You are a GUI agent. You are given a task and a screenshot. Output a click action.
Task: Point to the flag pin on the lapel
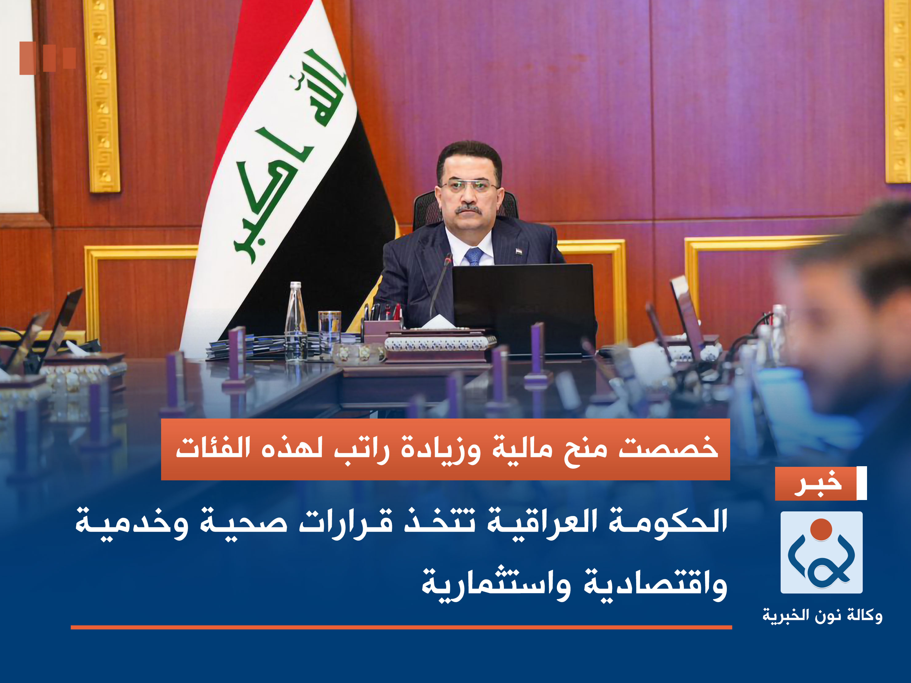point(518,250)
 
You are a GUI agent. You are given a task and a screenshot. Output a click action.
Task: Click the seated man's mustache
point(468,209)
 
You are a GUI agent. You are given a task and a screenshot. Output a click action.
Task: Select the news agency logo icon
point(821,552)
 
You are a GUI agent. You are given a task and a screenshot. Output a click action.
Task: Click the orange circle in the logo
point(821,529)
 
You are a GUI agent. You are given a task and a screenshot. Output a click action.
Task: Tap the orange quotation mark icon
point(47,58)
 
